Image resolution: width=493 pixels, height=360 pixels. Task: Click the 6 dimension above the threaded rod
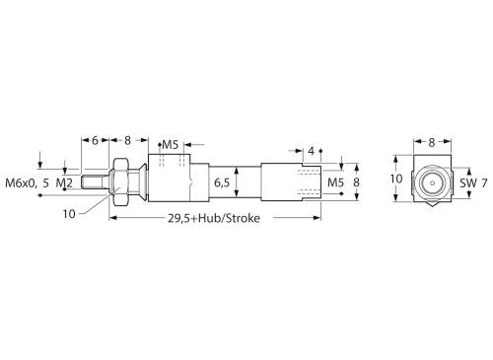[95, 141]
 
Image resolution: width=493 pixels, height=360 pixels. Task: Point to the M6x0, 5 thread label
[28, 183]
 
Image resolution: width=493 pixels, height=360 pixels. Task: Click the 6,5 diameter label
[223, 182]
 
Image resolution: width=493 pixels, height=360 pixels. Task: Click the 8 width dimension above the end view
[431, 142]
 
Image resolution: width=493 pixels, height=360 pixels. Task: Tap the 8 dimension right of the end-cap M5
[357, 182]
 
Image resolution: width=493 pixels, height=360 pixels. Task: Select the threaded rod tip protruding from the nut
[96, 182]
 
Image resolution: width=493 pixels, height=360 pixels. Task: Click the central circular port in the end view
[431, 182]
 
